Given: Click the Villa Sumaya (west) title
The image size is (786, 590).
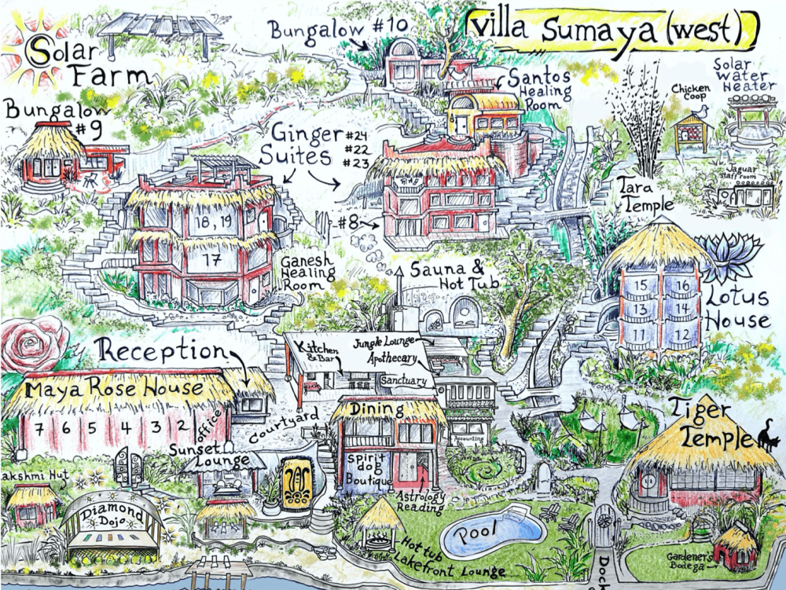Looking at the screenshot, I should [x=612, y=30].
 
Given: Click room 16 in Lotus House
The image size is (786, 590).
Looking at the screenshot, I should [x=682, y=285].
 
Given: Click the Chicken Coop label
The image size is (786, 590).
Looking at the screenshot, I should [x=689, y=93].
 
